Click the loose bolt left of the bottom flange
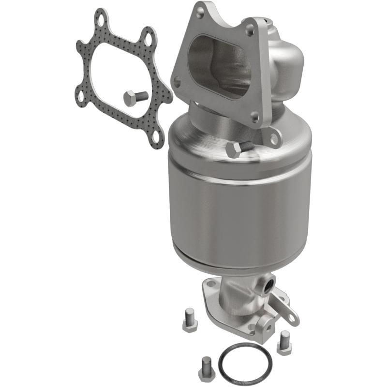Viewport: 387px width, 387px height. tap(189, 323)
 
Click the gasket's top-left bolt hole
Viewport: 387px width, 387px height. tap(101, 21)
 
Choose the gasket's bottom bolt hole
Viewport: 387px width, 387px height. tap(155, 137)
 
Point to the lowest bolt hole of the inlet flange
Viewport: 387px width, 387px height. tap(254, 117)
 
